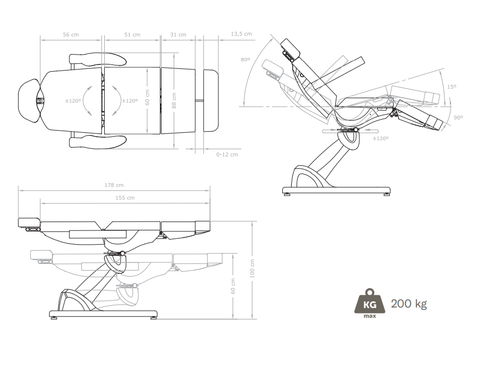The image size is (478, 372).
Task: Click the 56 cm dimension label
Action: click(x=71, y=35)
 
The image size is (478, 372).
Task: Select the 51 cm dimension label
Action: click(x=132, y=35)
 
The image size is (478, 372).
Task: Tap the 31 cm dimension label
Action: click(x=178, y=35)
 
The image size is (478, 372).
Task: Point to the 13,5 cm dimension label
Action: click(x=241, y=34)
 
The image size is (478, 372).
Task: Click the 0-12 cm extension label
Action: click(x=227, y=154)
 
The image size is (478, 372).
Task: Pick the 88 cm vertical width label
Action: click(x=174, y=101)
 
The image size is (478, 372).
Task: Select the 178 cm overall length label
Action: click(x=114, y=185)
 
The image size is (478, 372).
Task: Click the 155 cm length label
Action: click(x=125, y=198)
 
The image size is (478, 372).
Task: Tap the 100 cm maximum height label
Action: click(x=253, y=269)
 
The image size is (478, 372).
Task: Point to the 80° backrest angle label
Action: click(x=245, y=60)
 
